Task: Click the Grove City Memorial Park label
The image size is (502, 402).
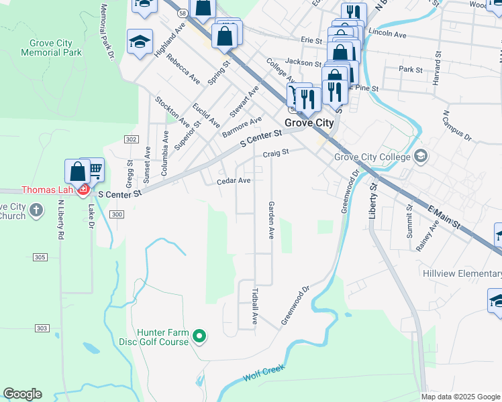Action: pyautogui.click(x=46, y=48)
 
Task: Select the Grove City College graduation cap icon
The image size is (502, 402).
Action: pyautogui.click(x=421, y=157)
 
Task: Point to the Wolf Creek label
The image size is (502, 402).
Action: pyautogui.click(x=264, y=372)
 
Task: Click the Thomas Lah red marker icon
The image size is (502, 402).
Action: pyautogui.click(x=84, y=190)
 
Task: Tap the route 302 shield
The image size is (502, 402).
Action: pyautogui.click(x=131, y=139)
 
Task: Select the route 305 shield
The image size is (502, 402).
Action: pyautogui.click(x=40, y=257)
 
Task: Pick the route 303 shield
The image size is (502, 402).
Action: pyautogui.click(x=42, y=328)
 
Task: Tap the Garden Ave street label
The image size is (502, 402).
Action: pyautogui.click(x=272, y=220)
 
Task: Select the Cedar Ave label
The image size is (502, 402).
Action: pyautogui.click(x=234, y=181)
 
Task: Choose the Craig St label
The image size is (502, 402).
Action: pyautogui.click(x=275, y=153)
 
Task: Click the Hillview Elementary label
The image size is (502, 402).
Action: pyautogui.click(x=462, y=273)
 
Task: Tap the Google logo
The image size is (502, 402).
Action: pyautogui.click(x=22, y=394)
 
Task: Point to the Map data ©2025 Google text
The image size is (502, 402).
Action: pyautogui.click(x=460, y=397)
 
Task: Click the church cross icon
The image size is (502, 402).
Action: pyautogui.click(x=38, y=211)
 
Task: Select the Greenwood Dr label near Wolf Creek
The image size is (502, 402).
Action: pyautogui.click(x=295, y=306)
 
